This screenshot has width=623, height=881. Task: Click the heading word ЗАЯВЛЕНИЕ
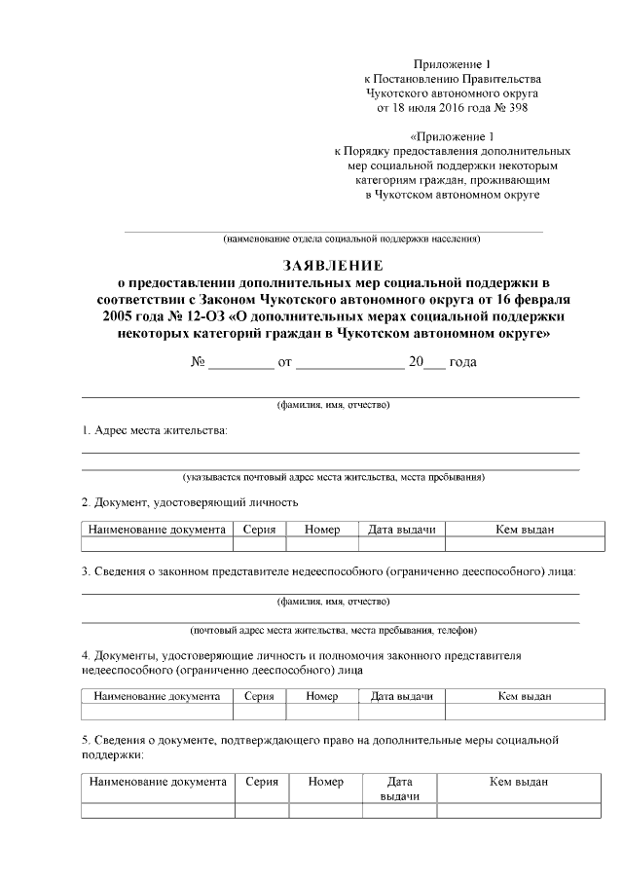(333, 264)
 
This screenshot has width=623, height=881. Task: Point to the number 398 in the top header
(515, 107)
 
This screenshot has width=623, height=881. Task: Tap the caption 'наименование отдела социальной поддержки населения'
(351, 239)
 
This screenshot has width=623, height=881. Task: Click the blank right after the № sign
(241, 362)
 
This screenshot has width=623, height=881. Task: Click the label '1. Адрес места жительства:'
(155, 430)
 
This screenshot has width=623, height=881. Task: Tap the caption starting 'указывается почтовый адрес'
(333, 477)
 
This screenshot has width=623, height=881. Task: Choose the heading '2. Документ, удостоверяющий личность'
(189, 502)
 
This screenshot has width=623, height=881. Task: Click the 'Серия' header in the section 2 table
(260, 530)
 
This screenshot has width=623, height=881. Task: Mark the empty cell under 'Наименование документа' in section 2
(158, 545)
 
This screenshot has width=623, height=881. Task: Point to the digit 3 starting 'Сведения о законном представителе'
(85, 570)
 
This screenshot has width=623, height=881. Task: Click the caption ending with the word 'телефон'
(333, 630)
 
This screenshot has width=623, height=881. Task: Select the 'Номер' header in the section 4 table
(321, 696)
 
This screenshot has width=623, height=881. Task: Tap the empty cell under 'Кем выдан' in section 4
(525, 712)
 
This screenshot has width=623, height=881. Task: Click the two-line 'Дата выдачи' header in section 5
(399, 789)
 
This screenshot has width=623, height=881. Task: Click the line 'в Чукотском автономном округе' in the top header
(452, 195)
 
